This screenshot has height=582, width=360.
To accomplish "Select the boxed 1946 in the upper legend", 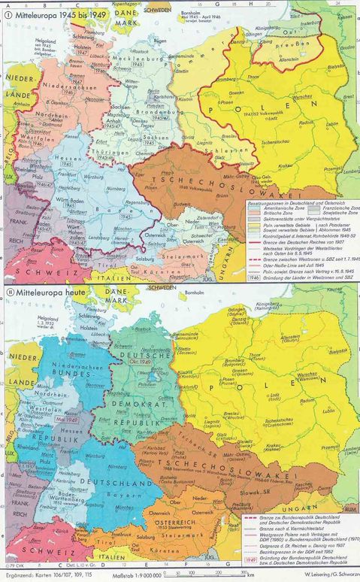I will click(256, 276).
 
